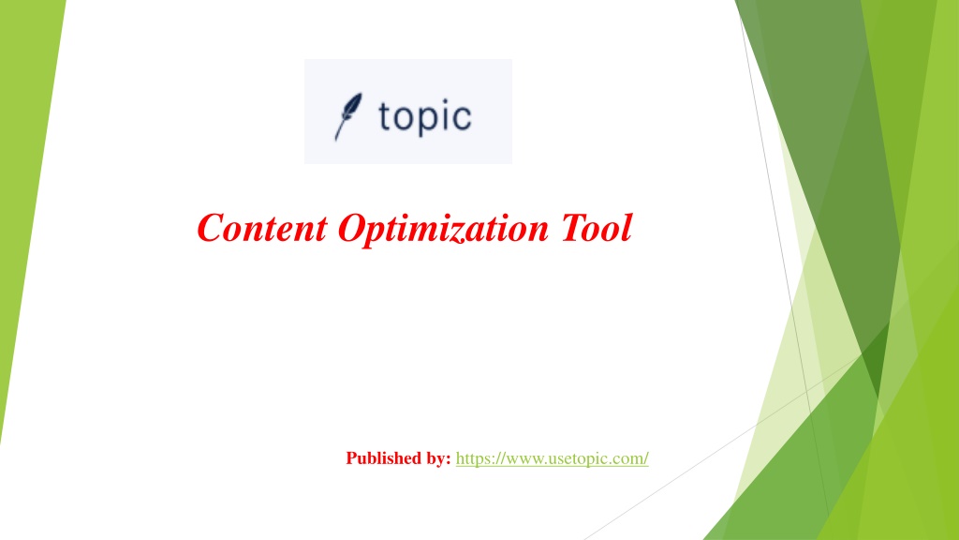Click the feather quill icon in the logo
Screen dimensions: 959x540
tap(347, 116)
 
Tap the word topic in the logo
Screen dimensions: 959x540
tap(425, 117)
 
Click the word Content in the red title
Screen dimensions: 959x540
tap(262, 228)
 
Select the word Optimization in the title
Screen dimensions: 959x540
tap(443, 230)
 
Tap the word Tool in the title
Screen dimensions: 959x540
tap(597, 228)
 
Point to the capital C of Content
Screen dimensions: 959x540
tap(211, 228)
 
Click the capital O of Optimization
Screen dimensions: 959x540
tap(352, 228)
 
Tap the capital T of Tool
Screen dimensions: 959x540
tap(575, 228)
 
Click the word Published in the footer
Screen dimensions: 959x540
tap(385, 458)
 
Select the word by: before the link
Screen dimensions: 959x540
tap(439, 458)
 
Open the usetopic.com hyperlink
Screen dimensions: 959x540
tap(553, 458)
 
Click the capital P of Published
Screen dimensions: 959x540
tap(352, 457)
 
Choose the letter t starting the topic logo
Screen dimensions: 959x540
tap(384, 116)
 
